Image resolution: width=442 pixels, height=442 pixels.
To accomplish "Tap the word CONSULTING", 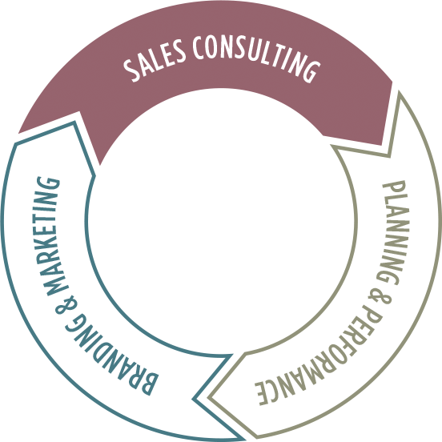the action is (x=256, y=57).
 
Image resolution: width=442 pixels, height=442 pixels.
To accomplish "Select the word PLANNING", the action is (x=394, y=233).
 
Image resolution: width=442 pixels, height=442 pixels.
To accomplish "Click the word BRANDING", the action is (x=107, y=356).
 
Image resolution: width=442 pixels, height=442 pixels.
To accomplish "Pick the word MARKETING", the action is (x=53, y=236).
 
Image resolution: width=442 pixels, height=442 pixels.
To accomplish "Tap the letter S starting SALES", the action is (x=132, y=70).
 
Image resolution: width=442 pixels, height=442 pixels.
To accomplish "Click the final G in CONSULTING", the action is (x=311, y=71).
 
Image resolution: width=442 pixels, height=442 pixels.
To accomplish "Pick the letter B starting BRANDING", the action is (x=150, y=384).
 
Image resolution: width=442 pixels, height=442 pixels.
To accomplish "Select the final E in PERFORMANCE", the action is (x=262, y=394).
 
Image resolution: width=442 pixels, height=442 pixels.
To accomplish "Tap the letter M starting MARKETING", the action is (x=58, y=285).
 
